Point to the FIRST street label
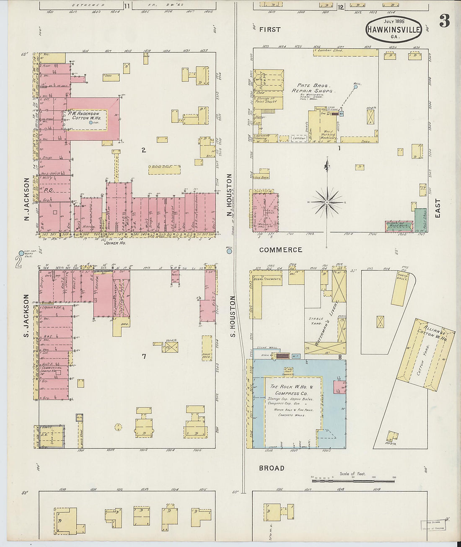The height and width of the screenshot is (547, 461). tap(269, 29)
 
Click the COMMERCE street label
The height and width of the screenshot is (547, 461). tap(280, 250)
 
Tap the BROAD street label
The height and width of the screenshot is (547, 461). tap(272, 468)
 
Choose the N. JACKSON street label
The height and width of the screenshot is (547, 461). tap(26, 199)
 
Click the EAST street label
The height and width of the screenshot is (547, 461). tap(438, 208)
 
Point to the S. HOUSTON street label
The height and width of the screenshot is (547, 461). tap(233, 316)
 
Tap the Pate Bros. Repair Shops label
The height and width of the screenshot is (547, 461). tap(312, 88)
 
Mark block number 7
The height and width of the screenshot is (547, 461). tap(144, 357)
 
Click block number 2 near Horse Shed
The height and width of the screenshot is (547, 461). tap(143, 150)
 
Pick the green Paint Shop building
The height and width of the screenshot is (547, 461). tap(421, 220)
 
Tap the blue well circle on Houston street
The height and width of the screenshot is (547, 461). tap(229, 252)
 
